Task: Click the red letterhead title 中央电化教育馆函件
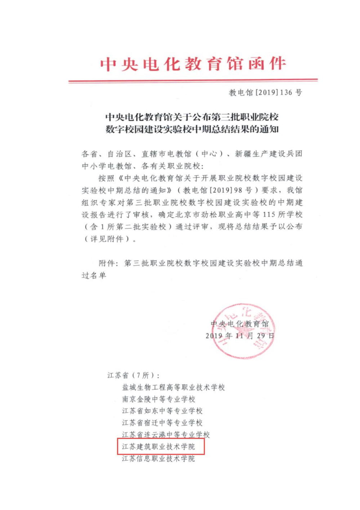click(x=193, y=64)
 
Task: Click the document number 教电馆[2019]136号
click(x=265, y=93)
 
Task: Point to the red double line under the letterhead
click(x=193, y=81)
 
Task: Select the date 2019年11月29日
click(x=240, y=336)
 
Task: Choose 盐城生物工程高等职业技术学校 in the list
click(x=173, y=387)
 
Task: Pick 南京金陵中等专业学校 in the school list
click(x=159, y=399)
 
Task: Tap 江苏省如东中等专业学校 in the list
click(x=162, y=411)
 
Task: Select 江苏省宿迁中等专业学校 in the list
click(x=162, y=423)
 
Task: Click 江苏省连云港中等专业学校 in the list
click(x=166, y=435)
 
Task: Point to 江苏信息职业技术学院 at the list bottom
click(x=159, y=458)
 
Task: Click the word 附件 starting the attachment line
click(x=107, y=263)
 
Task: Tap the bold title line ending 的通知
click(x=192, y=129)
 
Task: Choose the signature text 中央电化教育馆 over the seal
click(x=239, y=324)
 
